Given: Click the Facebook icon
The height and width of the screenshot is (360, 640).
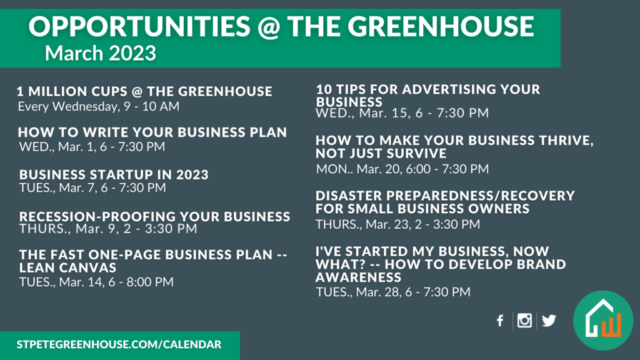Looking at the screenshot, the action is pos(500,321).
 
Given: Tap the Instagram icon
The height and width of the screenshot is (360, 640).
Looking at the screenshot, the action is pos(524,321).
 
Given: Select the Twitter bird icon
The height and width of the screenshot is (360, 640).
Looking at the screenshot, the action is pos(549,321).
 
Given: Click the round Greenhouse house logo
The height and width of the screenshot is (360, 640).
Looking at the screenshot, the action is pos(603,321).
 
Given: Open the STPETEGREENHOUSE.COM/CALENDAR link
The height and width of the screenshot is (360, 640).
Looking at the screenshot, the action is pos(119,344).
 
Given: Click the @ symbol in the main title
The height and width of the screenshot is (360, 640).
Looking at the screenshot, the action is pos(269,27).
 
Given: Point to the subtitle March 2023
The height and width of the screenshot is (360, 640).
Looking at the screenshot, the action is pos(101,53).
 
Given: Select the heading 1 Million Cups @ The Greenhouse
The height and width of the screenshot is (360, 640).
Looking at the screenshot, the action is pos(144,91).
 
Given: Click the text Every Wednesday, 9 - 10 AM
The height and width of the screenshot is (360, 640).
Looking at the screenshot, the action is pos(98,106).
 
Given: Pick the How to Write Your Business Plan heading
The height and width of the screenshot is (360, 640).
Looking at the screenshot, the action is pos(152,132).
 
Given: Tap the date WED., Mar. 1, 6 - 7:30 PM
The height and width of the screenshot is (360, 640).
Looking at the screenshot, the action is pos(92,146).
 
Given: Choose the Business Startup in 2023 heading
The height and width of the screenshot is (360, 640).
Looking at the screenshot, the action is pos(114,175).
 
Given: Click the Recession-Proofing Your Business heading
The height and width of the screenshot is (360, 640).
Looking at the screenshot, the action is pos(155,216).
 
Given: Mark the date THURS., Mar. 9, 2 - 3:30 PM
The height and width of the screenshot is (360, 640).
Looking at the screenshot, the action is pos(108,229).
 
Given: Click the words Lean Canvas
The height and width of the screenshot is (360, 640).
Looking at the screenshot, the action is pos(67,267).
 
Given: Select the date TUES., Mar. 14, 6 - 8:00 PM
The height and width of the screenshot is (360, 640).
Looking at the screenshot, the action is pos(96,282).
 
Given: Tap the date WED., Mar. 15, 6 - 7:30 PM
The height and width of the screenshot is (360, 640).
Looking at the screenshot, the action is pos(402,112).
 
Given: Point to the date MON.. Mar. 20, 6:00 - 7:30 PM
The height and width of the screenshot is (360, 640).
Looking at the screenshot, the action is pos(402,169).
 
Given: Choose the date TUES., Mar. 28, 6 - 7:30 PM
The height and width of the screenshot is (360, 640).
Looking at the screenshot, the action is pos(393,292).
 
